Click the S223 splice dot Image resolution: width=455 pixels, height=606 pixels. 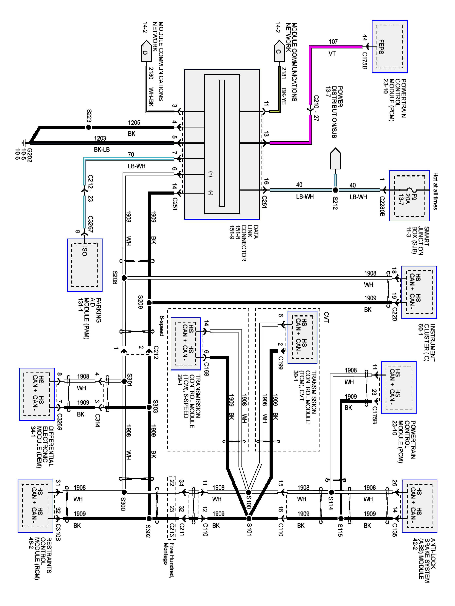(x=88, y=127)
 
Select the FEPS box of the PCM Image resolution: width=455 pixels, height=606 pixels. (x=389, y=47)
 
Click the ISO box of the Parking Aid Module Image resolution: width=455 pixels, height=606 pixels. (x=85, y=265)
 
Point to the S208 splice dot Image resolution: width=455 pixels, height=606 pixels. (x=124, y=278)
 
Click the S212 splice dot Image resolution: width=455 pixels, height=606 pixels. (x=335, y=190)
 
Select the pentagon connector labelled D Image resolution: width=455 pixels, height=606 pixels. (x=146, y=51)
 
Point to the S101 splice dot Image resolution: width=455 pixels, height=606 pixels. (x=249, y=518)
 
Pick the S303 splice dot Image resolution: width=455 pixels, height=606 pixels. (x=149, y=407)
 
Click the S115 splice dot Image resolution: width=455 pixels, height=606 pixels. (x=341, y=518)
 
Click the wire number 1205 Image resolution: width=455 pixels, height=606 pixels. (x=134, y=122)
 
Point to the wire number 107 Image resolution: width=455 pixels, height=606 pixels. (x=333, y=42)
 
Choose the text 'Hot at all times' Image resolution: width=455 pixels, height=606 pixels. (x=435, y=191)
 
